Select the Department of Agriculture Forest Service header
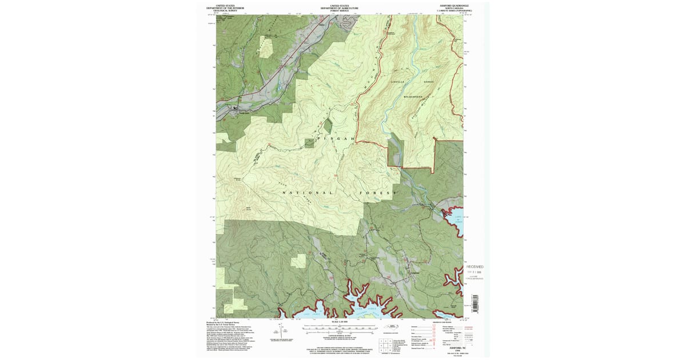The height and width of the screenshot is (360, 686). [x=339, y=7]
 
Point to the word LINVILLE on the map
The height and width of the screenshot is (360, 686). [x=397, y=82]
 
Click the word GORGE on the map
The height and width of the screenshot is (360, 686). [x=429, y=82]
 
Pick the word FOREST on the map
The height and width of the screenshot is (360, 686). [x=377, y=193]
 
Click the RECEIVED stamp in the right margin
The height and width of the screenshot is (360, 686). [x=474, y=267]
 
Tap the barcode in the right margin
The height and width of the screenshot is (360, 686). [x=473, y=303]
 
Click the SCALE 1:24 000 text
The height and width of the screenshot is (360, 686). [x=340, y=323]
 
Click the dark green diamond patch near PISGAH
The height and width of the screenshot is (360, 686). [x=328, y=126]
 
